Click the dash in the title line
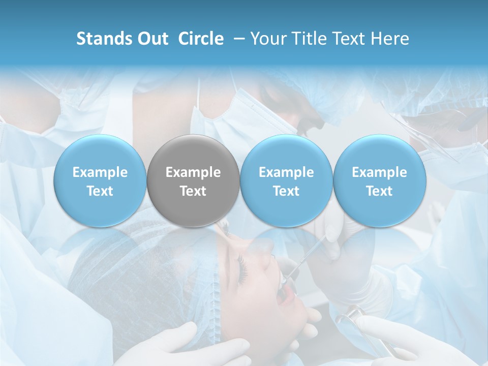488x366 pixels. [x=237, y=39]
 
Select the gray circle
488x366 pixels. [x=193, y=181]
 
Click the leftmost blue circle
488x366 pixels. [x=100, y=181]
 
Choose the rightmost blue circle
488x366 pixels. [x=379, y=181]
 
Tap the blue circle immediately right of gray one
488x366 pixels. [x=286, y=181]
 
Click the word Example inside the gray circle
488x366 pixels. [x=193, y=172]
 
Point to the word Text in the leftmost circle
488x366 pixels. [x=100, y=191]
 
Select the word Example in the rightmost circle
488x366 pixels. [x=379, y=172]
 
